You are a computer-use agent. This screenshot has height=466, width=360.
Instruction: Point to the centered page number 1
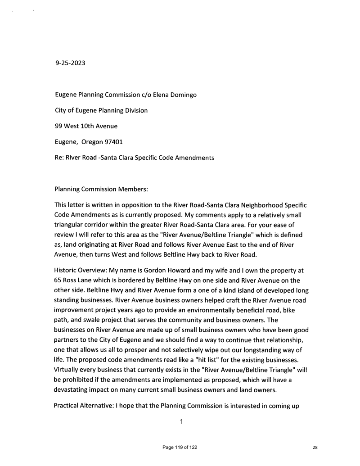pyautogui.click(x=180, y=422)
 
